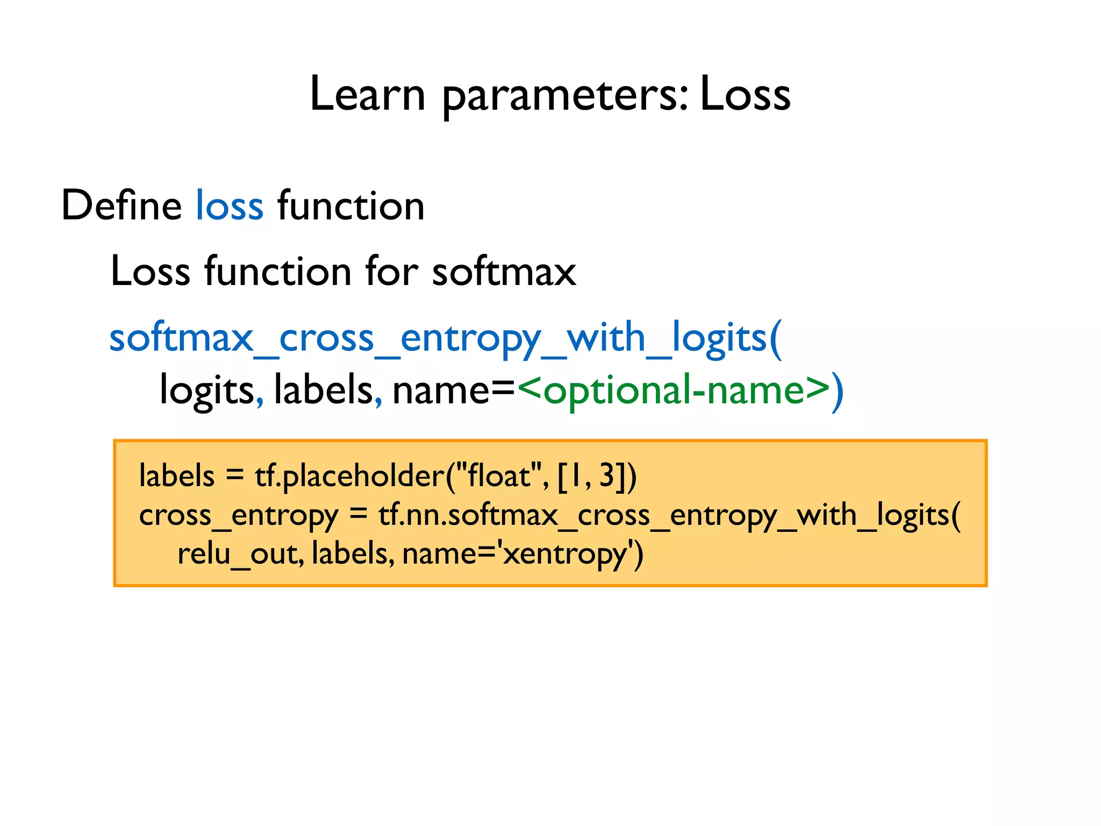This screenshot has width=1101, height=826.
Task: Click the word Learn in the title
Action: [367, 94]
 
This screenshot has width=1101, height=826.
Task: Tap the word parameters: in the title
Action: [564, 97]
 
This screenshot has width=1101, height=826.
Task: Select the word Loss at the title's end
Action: [745, 94]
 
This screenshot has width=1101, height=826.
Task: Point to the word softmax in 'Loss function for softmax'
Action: [504, 272]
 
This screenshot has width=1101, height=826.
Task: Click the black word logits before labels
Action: [206, 391]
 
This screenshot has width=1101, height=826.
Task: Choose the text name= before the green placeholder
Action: [454, 391]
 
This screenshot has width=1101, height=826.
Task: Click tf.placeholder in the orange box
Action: [349, 477]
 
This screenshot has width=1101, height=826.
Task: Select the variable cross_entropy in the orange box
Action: [238, 516]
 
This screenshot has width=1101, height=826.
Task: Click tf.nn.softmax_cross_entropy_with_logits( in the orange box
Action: [669, 516]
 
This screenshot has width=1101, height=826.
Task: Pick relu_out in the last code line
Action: [237, 554]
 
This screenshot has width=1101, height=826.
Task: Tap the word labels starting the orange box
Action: [176, 476]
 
